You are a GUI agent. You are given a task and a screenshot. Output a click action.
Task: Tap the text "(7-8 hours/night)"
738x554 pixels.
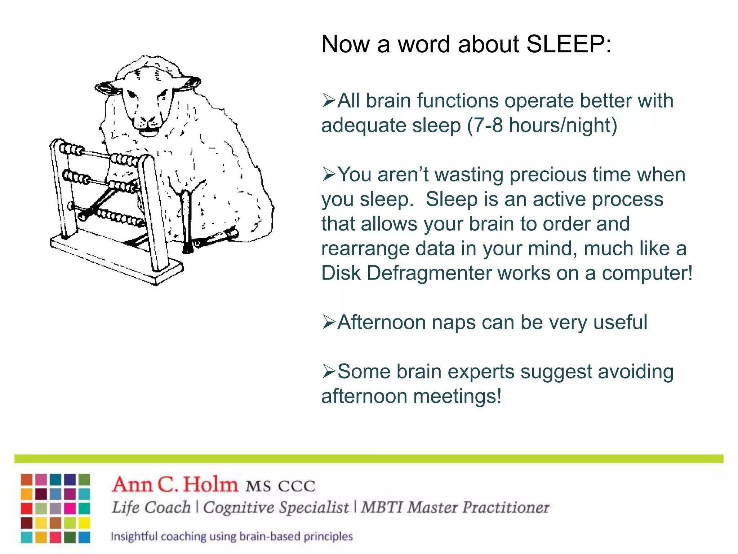coord(542,126)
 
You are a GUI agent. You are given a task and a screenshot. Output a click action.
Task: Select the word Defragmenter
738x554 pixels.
coord(429,273)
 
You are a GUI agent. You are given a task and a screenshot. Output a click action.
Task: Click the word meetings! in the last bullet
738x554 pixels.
coord(457,396)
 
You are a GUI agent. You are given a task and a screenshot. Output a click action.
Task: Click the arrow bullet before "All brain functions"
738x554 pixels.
coord(328,101)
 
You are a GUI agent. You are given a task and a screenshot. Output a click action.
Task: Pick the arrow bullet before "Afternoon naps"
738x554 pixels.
coord(328,322)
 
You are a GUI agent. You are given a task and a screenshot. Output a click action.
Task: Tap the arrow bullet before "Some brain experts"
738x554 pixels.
coord(328,371)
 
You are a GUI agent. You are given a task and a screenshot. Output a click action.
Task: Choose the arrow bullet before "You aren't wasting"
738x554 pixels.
coord(328,175)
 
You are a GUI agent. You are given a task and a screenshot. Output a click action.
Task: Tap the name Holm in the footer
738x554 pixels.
coord(210,484)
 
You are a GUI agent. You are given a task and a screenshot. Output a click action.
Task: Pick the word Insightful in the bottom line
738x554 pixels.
coord(134,536)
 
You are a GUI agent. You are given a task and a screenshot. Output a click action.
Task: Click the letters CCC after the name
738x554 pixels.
coord(297,486)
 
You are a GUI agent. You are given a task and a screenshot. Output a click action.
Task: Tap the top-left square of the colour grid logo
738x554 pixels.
coord(27,480)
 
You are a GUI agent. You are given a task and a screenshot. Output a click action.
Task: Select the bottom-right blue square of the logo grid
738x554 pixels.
coord(84,537)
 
